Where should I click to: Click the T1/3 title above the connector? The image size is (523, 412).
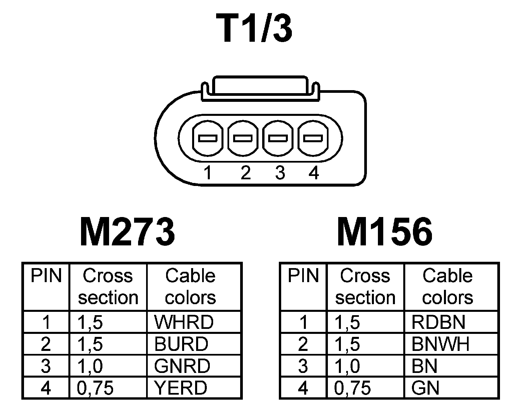tap(254, 29)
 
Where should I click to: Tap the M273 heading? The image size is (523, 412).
tap(127, 231)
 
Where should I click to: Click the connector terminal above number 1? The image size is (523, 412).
tap(207, 138)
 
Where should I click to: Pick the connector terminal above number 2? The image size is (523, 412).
tap(242, 138)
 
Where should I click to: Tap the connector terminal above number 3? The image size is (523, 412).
tap(278, 138)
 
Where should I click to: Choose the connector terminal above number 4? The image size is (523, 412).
tap(313, 138)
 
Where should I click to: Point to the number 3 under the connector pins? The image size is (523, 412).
tap(280, 173)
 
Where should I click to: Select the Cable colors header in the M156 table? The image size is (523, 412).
tap(447, 286)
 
